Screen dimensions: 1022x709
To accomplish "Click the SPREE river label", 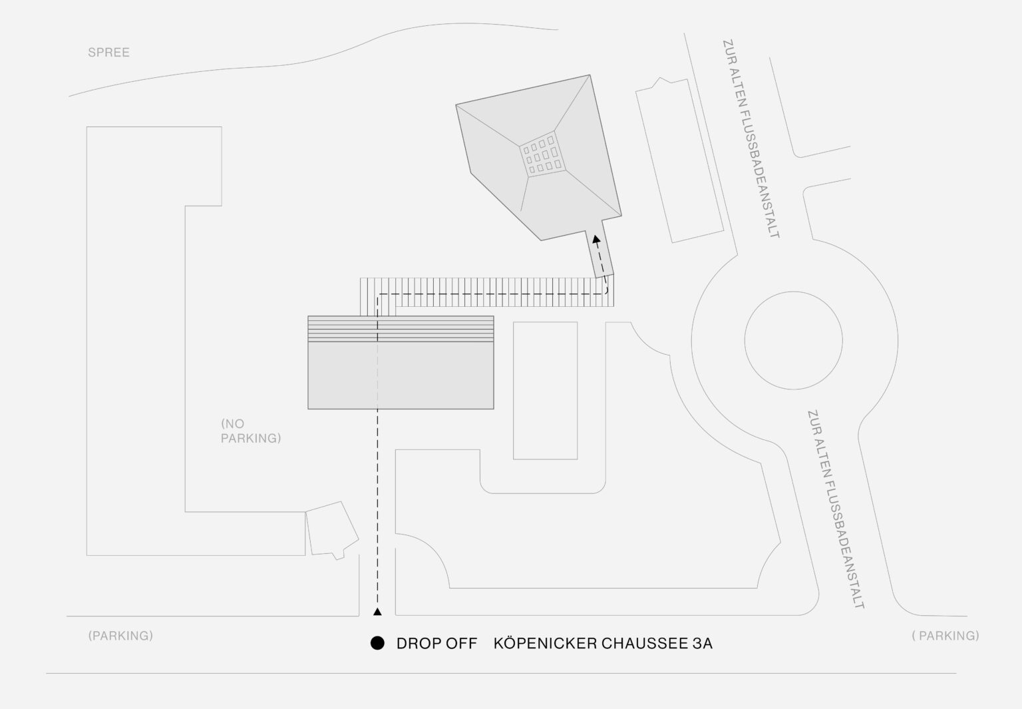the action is click(108, 53).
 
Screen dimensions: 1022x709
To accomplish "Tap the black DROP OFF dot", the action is click(377, 643).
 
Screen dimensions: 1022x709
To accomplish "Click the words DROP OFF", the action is click(436, 643).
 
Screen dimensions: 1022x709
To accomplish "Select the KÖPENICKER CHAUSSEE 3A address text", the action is click(603, 643).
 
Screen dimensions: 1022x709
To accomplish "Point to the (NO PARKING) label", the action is click(251, 431).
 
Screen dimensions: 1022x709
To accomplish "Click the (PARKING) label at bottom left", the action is click(120, 636).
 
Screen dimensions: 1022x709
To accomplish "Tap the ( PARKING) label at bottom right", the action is click(945, 636).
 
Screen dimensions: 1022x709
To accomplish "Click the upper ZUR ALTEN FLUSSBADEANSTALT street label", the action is click(751, 138).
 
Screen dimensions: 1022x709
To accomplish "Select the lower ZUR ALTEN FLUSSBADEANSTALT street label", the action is click(836, 509).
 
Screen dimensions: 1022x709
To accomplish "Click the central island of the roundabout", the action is click(793, 341).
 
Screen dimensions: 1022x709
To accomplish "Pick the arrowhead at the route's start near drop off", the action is click(377, 612).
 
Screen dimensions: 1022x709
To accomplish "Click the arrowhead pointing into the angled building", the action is click(596, 239).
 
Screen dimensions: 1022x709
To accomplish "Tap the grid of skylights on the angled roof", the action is click(542, 154).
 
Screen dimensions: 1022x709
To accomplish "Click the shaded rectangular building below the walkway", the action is click(401, 363).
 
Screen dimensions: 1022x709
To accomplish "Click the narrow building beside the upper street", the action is click(680, 160).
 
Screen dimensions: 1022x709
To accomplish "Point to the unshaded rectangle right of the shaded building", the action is click(545, 391).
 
